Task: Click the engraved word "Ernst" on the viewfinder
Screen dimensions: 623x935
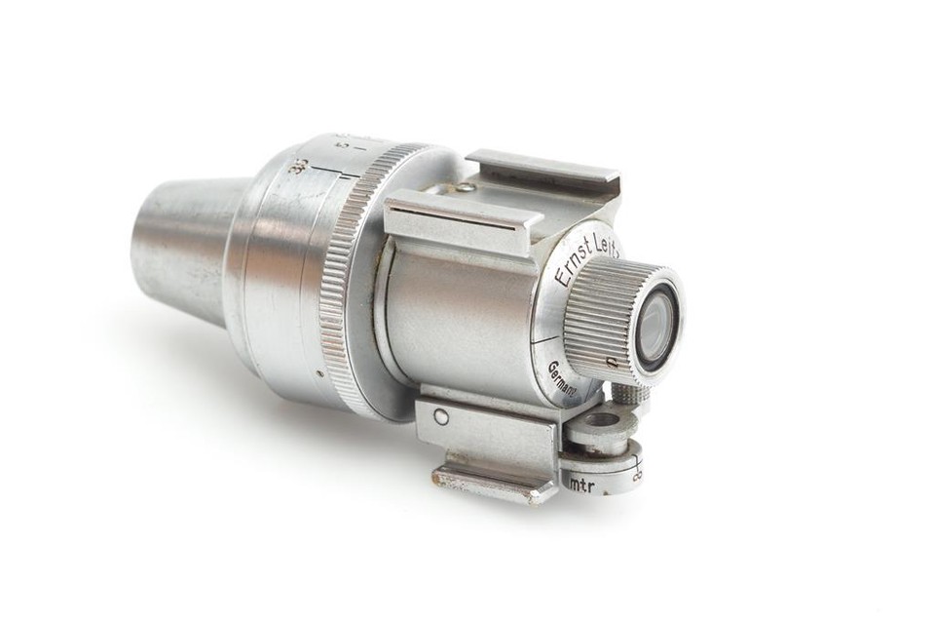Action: [x=574, y=266]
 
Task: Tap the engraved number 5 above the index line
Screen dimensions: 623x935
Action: [x=340, y=147]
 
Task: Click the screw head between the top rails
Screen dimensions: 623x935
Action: [x=468, y=187]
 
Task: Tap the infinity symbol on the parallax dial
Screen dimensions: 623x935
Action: [x=637, y=475]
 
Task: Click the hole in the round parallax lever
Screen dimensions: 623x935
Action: [x=600, y=420]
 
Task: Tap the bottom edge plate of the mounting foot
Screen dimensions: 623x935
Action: [x=482, y=484]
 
